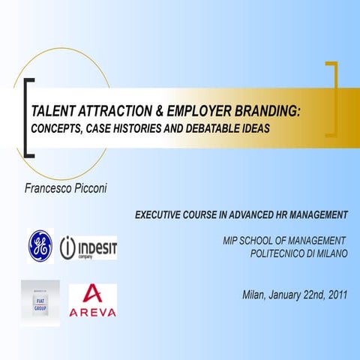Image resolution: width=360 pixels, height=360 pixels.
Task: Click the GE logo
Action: [40, 246]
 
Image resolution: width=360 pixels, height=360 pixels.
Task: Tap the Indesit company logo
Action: [88, 247]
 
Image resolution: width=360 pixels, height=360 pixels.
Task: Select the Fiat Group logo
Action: [40, 301]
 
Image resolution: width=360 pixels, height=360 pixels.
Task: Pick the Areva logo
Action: [92, 301]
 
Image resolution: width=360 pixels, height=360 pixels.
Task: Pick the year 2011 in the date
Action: [333, 292]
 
